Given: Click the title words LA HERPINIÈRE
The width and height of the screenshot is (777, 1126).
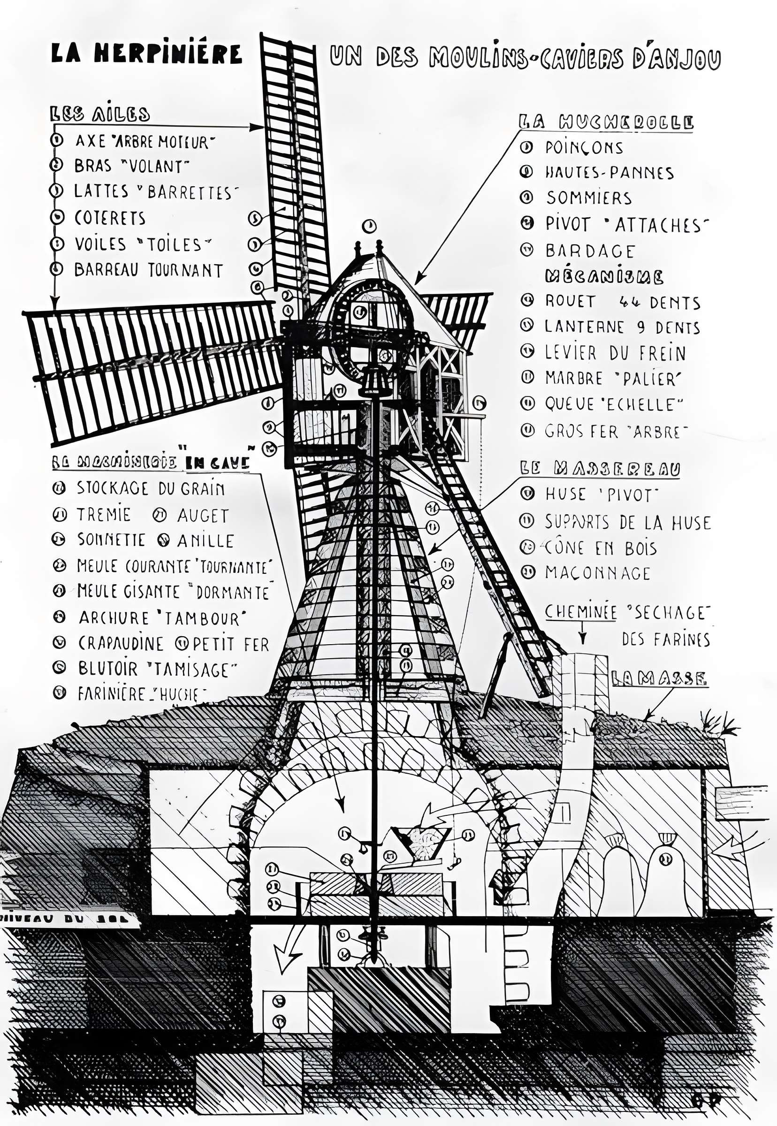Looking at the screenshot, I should tap(146, 53).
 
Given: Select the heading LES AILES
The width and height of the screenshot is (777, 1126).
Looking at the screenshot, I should tap(100, 114).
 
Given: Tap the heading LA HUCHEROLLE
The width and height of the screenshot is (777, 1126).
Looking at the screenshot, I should tap(606, 122).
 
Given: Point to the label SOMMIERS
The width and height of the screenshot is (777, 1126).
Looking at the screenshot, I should tap(588, 198).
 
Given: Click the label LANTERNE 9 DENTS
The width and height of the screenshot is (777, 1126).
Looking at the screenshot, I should tap(622, 327).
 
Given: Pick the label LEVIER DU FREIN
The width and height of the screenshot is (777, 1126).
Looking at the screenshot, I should tap(615, 353).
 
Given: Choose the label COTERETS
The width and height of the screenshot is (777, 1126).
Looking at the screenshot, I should tap(109, 218).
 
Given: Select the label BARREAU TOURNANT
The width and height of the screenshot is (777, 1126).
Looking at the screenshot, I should tap(148, 270).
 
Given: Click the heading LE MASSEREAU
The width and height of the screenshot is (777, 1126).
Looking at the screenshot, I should tap(599, 468).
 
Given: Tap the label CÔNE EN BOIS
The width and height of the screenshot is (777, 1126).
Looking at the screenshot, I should tap(600, 548).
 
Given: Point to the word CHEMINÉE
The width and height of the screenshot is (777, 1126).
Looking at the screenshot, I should tap(580, 612).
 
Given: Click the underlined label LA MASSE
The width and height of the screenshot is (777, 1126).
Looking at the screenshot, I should tap(659, 678).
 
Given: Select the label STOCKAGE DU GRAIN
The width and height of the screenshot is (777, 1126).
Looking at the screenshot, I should tap(151, 488).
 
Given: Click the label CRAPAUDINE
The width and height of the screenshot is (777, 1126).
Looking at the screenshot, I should tap(121, 644).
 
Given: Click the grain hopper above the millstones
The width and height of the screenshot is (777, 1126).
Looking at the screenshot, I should tap(421, 843).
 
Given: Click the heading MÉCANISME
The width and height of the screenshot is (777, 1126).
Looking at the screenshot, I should tap(604, 277).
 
